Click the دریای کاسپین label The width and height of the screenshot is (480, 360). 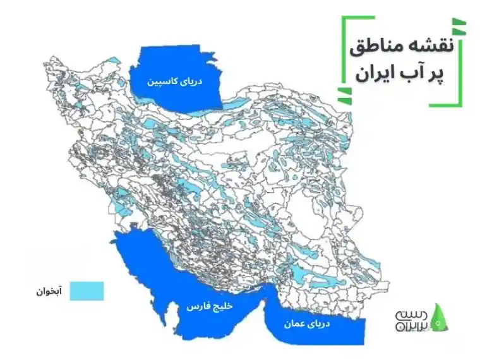[174, 81]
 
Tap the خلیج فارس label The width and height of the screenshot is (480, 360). [209, 305]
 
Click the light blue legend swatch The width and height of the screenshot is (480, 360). [87, 291]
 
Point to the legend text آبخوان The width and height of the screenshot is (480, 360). [49, 292]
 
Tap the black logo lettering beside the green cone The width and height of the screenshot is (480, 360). [411, 319]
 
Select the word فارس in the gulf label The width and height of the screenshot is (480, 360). [197, 306]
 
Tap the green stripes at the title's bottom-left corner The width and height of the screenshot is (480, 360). [345, 95]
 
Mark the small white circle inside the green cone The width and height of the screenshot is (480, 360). [440, 322]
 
